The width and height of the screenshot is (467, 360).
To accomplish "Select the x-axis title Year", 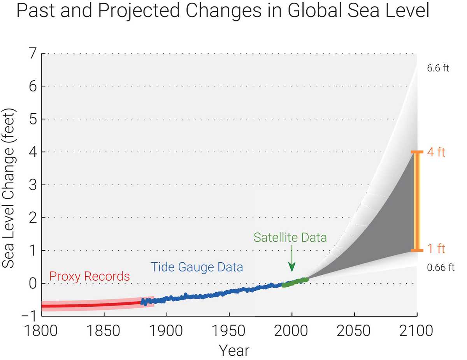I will point(233,350).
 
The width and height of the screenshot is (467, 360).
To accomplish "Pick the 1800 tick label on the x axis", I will point(41,331).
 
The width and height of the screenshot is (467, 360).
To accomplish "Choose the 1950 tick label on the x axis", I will point(229,331).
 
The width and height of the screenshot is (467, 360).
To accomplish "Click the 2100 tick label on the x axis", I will point(416,331).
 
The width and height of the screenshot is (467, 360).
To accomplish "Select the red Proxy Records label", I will point(90,276).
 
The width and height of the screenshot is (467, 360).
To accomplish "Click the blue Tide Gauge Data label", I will point(197,267).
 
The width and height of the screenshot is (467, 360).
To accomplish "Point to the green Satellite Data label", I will point(290,237).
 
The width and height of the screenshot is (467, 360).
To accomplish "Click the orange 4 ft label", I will point(436,152).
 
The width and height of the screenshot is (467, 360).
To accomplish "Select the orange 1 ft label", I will point(436,249).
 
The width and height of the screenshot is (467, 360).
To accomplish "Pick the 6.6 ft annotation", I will point(438,68).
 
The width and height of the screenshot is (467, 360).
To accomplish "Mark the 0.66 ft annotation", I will point(440,268).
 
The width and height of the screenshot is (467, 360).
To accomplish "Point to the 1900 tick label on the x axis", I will point(166,331).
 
